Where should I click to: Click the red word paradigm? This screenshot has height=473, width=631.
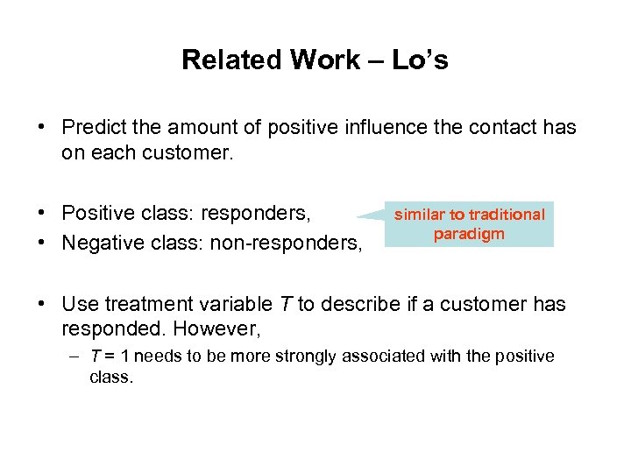pos(469,234)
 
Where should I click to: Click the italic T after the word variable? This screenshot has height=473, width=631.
pos(286,305)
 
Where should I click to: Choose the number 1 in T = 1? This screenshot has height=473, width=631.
pos(124,357)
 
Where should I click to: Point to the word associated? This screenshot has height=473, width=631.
pos(386,357)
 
